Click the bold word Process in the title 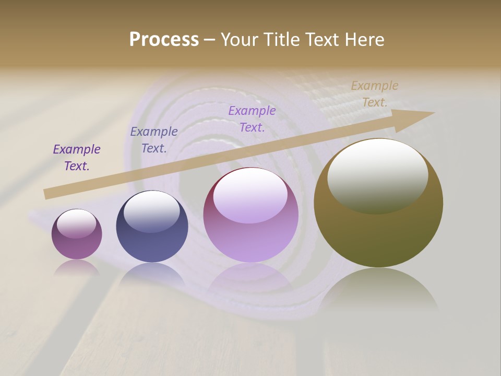point(164,40)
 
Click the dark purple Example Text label point(77,157)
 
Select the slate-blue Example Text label point(154,139)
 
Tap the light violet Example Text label point(252,119)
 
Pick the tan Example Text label point(375,93)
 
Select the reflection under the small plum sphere point(77,268)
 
